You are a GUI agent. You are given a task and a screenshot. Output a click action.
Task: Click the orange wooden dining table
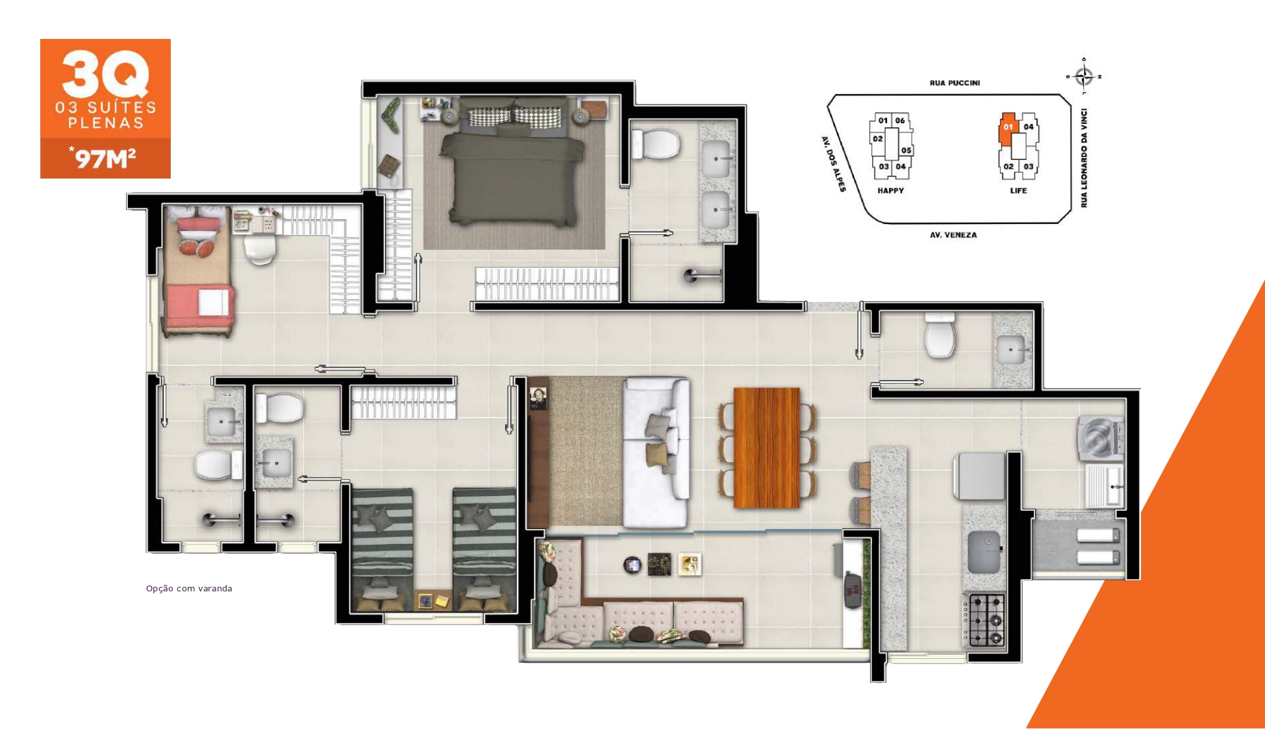pos(766,448)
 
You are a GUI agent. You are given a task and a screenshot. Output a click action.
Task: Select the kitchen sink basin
pos(984,552)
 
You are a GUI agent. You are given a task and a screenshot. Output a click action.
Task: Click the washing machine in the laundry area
pos(1099,439)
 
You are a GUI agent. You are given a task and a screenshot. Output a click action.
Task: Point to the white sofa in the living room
pos(656,452)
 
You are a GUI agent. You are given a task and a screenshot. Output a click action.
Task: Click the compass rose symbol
pos(1084,77)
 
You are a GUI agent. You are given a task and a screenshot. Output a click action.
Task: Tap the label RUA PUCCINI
pos(955,83)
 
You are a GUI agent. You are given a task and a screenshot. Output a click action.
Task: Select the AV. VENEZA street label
pos(953,235)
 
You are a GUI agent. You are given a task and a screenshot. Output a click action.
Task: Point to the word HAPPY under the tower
pos(890,191)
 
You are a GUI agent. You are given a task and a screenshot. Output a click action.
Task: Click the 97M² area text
pos(104,158)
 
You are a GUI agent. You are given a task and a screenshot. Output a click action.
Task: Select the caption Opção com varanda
pos(189,589)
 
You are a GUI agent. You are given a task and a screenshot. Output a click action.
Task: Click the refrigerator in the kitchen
pos(979,476)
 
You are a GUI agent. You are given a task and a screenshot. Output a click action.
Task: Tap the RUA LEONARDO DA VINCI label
pos(1084,158)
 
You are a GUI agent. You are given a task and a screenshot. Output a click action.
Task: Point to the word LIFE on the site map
pos(1018,191)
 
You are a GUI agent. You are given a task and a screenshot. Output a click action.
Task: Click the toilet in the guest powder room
pos(940,336)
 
